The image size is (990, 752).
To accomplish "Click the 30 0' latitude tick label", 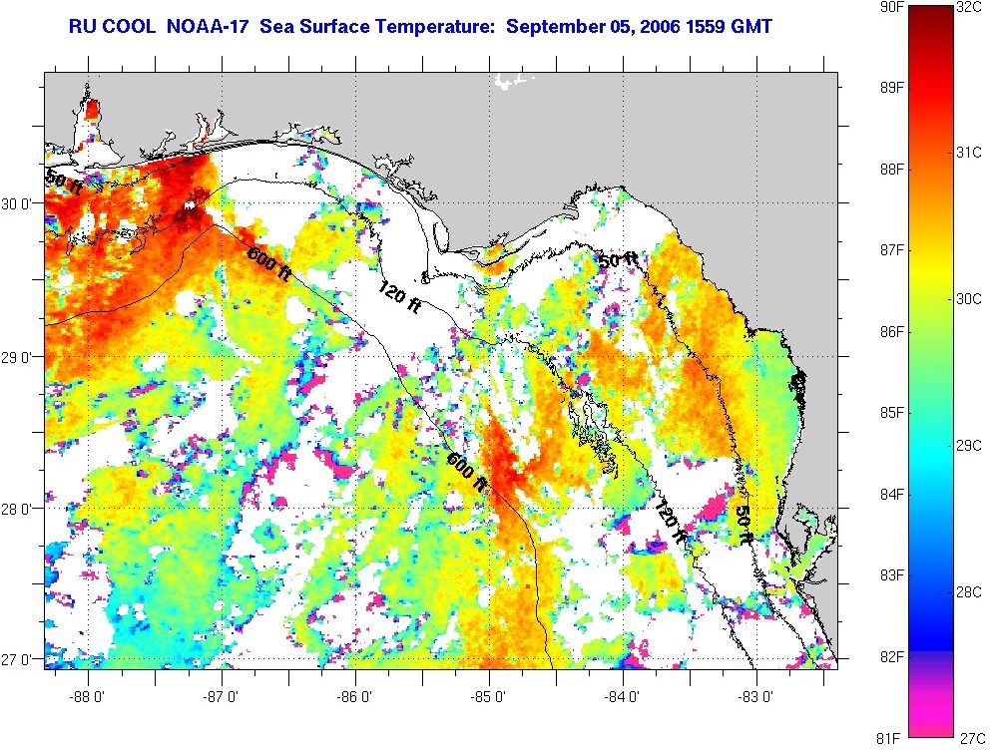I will (x=20, y=203).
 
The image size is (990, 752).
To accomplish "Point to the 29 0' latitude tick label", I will (x=20, y=356).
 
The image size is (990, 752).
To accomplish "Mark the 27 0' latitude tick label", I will (x=20, y=659).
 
